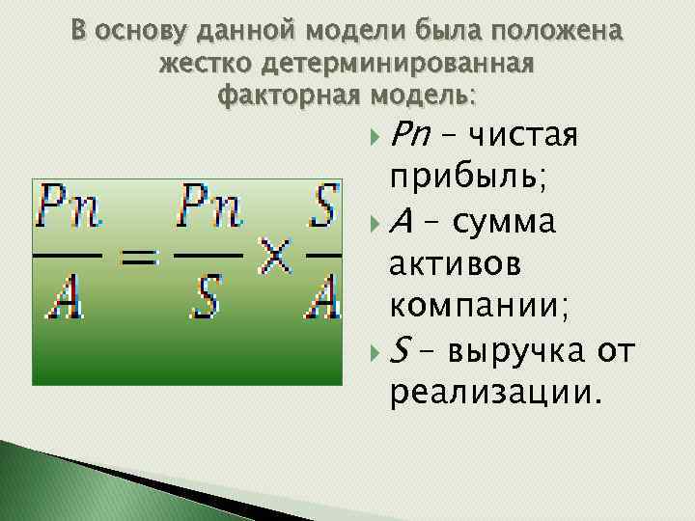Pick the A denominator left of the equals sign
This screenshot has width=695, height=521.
click(x=65, y=300)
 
